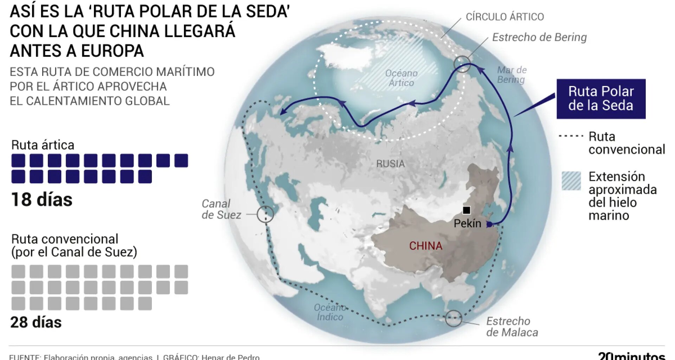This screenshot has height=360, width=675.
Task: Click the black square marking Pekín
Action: click(x=466, y=210)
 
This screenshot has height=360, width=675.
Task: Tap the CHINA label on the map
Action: click(x=425, y=246)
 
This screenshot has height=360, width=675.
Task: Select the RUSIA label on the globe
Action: click(x=390, y=163)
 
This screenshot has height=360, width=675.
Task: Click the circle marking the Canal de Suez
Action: click(x=265, y=214)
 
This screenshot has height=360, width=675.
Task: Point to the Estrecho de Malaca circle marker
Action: click(x=454, y=318)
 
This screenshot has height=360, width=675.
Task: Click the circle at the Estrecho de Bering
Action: click(x=462, y=64)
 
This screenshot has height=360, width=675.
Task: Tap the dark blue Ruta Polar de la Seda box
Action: click(x=601, y=99)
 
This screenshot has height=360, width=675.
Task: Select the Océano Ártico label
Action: click(x=401, y=78)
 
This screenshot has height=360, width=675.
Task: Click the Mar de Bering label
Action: click(x=512, y=75)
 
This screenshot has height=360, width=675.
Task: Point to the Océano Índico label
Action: click(x=330, y=312)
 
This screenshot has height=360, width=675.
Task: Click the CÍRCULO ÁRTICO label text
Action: click(x=504, y=17)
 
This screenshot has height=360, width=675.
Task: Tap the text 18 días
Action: click(x=42, y=200)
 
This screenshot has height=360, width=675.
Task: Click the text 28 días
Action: click(x=36, y=322)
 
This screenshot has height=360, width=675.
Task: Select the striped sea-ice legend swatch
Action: click(x=571, y=181)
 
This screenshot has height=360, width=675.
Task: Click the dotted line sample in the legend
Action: click(x=571, y=136)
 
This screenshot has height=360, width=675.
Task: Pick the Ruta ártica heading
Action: click(x=43, y=145)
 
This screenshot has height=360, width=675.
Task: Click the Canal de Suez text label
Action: click(x=221, y=209)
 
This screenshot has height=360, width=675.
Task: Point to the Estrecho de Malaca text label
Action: click(x=512, y=327)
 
